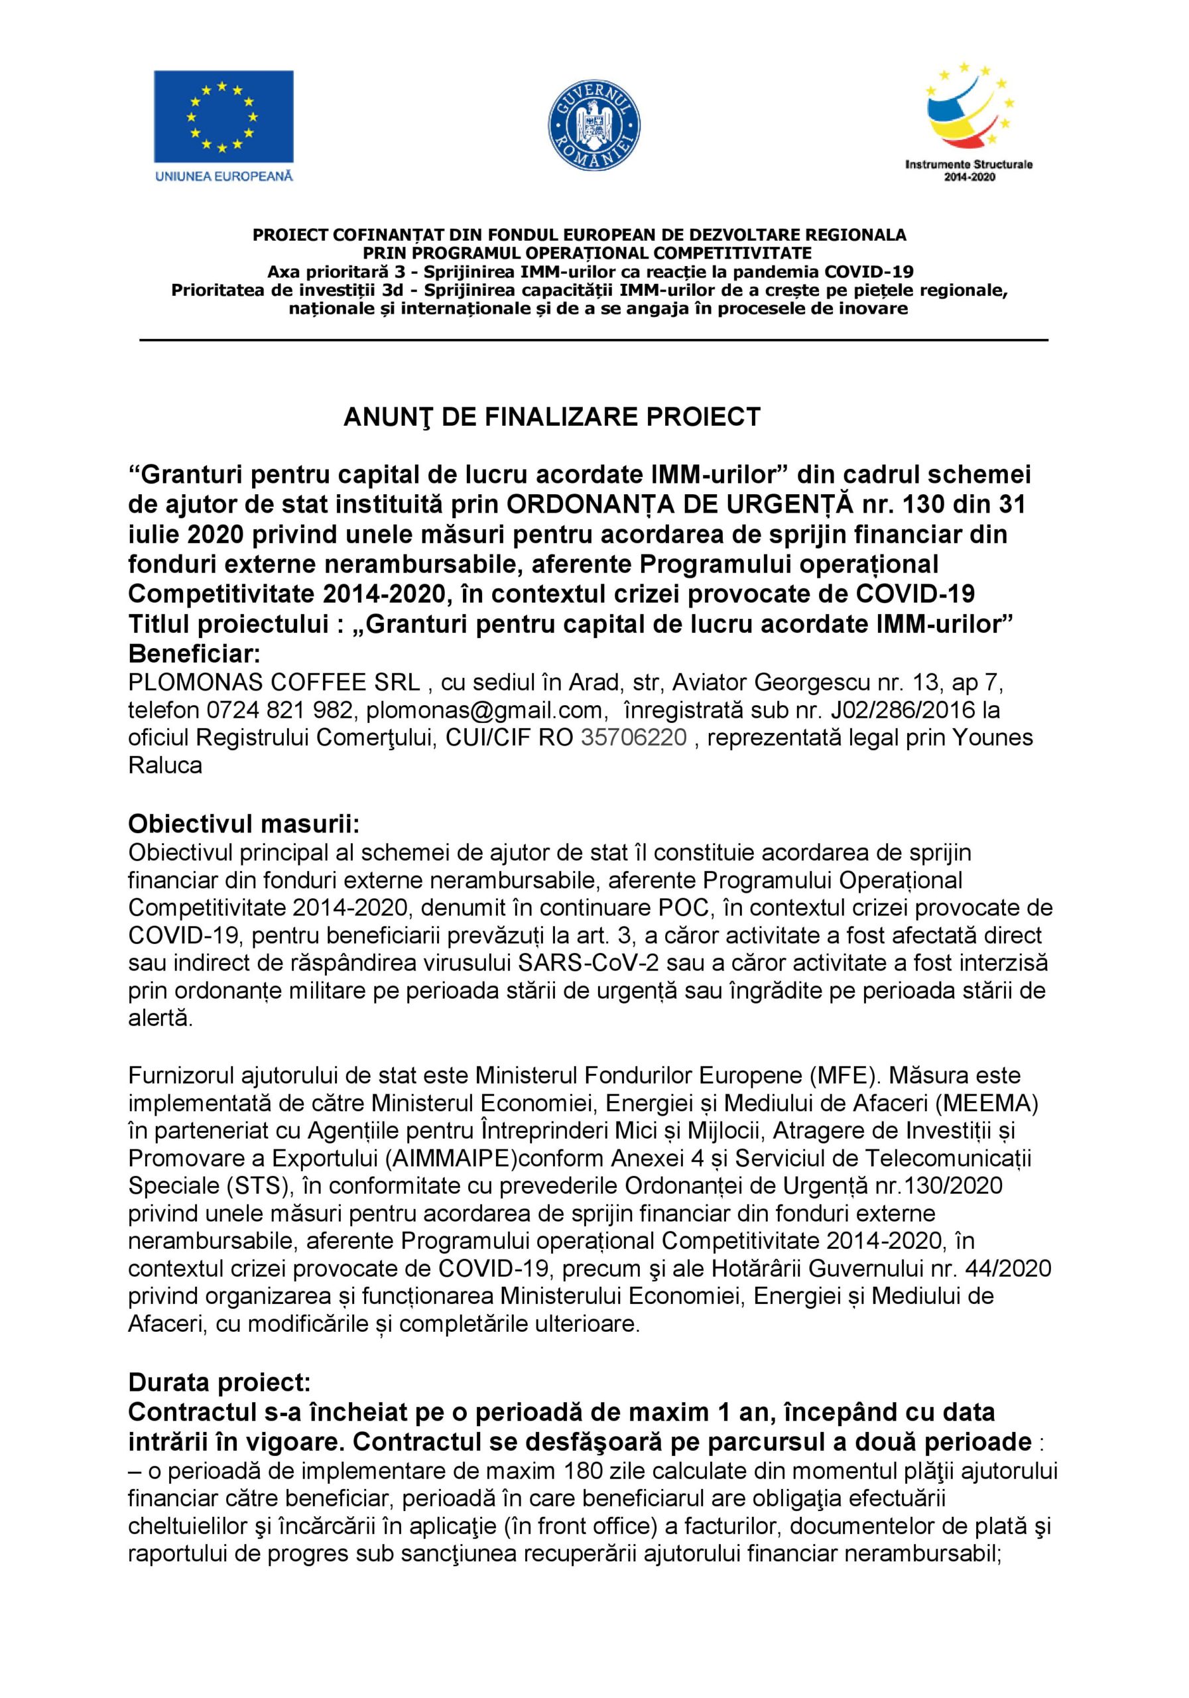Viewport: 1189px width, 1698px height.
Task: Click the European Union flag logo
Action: pyautogui.click(x=223, y=116)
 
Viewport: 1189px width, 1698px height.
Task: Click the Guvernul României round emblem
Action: pyautogui.click(x=594, y=124)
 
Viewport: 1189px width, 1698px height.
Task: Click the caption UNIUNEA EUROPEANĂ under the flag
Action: pyautogui.click(x=223, y=176)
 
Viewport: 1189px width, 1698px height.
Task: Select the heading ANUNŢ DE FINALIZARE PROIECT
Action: pyautogui.click(x=552, y=418)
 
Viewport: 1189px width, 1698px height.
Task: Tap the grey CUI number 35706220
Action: pyautogui.click(x=634, y=738)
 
